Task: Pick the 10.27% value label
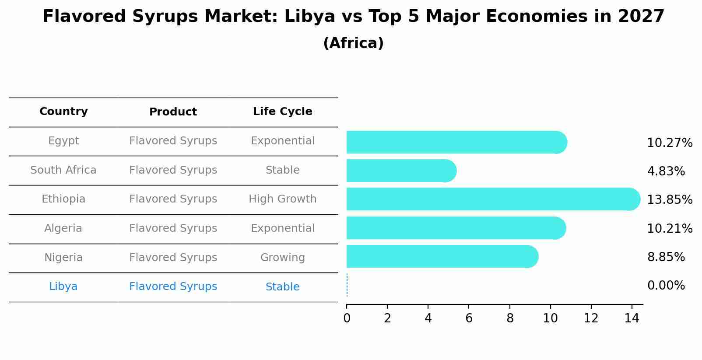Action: click(x=669, y=143)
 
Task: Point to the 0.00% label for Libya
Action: click(x=666, y=286)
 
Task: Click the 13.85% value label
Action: click(x=669, y=199)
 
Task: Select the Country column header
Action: click(x=63, y=112)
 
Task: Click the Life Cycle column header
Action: click(x=282, y=112)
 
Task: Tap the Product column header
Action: click(x=173, y=112)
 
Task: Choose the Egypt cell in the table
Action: click(x=63, y=141)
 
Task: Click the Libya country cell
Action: click(x=63, y=287)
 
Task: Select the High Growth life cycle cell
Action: click(x=282, y=199)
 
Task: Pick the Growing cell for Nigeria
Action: click(x=282, y=258)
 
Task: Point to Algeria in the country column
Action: click(x=63, y=228)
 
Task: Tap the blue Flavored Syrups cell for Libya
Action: click(x=173, y=287)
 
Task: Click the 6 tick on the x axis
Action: click(x=469, y=318)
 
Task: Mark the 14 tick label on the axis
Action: click(x=632, y=318)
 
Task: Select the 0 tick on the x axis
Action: click(x=347, y=318)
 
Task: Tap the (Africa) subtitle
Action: click(x=353, y=43)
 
